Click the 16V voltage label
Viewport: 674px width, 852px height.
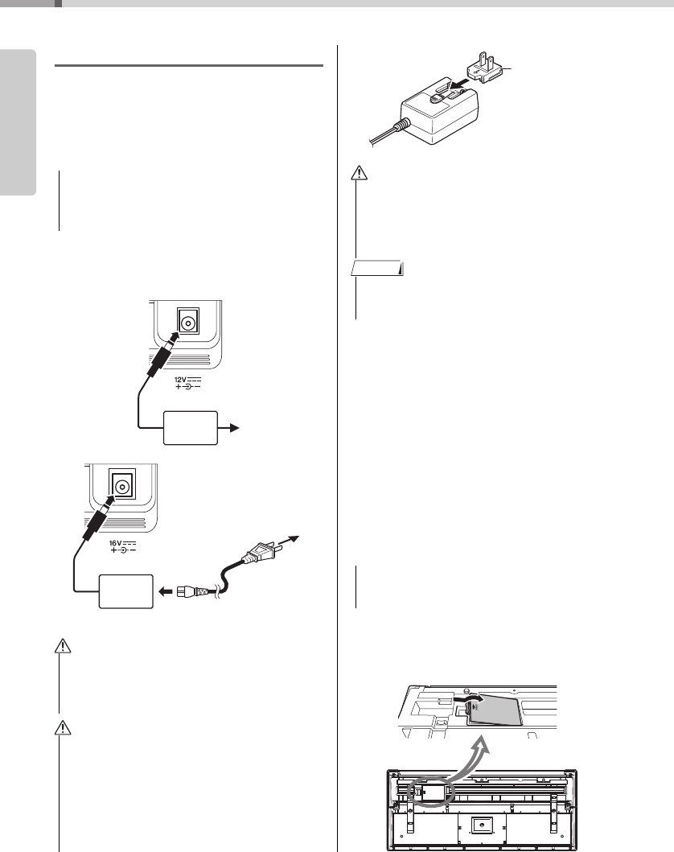118,545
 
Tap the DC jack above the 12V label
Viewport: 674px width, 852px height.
187,323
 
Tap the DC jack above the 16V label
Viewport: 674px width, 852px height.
121,487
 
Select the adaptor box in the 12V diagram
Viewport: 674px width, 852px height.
190,428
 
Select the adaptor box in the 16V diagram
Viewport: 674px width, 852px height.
125,591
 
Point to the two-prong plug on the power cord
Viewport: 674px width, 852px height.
261,554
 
